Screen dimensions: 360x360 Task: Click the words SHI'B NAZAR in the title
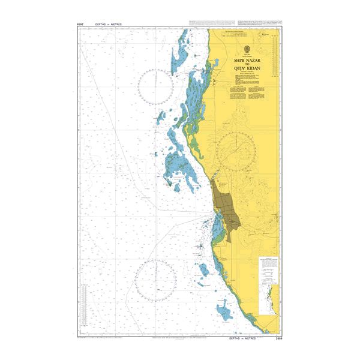coord(247,61)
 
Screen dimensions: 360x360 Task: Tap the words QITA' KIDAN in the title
coord(247,69)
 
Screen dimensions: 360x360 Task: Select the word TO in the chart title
coord(247,65)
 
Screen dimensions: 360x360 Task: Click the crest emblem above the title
coord(247,49)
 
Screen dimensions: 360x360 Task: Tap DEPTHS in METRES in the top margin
coord(104,25)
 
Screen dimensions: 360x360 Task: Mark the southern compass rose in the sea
coord(155,280)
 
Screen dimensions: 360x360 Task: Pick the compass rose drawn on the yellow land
coord(236,151)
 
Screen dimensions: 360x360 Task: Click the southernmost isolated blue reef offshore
coord(225,311)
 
